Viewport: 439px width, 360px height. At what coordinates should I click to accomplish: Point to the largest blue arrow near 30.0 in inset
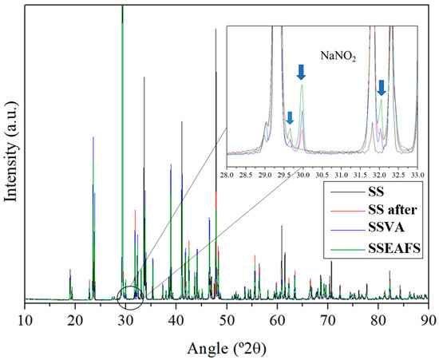tap(301, 72)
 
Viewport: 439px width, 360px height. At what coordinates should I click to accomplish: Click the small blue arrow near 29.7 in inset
tap(290, 117)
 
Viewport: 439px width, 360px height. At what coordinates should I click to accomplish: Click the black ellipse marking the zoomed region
tap(129, 298)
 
